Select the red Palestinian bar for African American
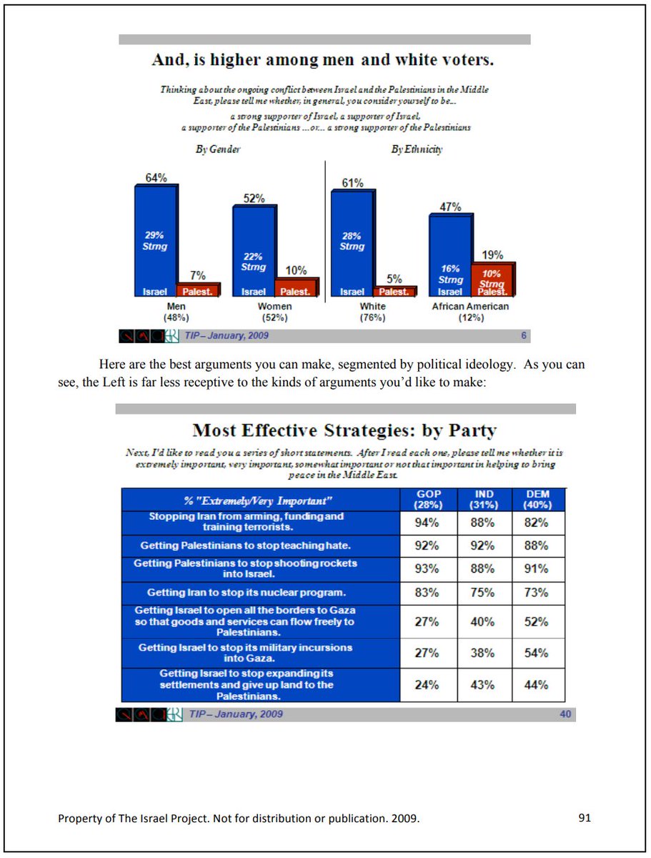(x=492, y=280)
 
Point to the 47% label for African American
(x=450, y=207)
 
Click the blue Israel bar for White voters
(x=352, y=243)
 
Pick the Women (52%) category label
(x=274, y=312)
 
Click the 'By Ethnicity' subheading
(x=417, y=149)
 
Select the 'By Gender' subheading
(x=218, y=149)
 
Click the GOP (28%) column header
(x=428, y=499)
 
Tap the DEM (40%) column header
(x=538, y=499)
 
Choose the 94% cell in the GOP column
(x=427, y=523)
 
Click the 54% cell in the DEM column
(x=537, y=653)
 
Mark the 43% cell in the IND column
(x=483, y=685)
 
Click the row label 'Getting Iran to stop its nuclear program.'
(x=247, y=593)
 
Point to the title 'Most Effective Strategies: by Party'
(x=344, y=431)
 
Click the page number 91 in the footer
(x=585, y=818)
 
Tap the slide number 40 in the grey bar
(x=565, y=714)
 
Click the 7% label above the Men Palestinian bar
(x=198, y=275)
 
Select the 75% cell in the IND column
(x=483, y=593)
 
